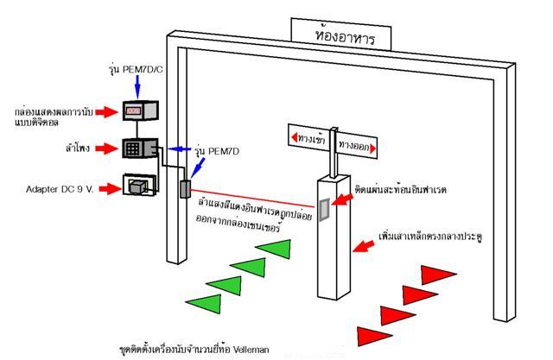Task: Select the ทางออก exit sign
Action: pos(358,148)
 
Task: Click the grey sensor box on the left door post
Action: pos(184,188)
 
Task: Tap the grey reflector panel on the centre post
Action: pos(324,211)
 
